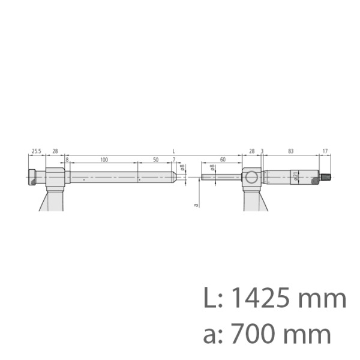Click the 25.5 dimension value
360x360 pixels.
tap(35, 152)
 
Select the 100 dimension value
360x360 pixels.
tap(104, 160)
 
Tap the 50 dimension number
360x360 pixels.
tap(155, 160)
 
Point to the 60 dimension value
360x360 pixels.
tap(223, 160)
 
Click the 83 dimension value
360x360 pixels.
tap(290, 152)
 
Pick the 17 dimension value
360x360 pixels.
tap(325, 152)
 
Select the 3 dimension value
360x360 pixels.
tap(262, 152)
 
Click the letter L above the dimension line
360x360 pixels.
tap(173, 151)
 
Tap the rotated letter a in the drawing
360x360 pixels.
tap(196, 205)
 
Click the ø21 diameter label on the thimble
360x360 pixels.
tap(295, 176)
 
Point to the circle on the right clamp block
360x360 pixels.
tap(251, 177)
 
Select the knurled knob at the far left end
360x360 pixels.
tap(31, 178)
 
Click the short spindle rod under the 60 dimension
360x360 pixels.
tap(222, 177)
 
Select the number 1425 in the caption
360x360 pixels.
tap(258, 298)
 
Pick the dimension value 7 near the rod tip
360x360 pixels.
tap(173, 160)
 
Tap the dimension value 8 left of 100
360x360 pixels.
tap(67, 160)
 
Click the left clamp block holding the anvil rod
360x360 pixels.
tap(55, 178)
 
